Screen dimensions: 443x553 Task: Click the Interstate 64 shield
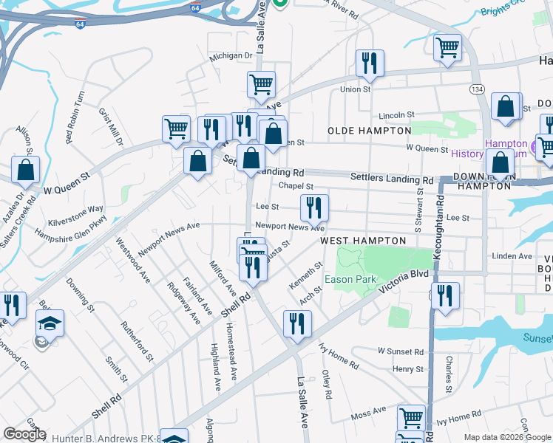point(80,24)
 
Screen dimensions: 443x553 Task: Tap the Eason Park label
point(350,279)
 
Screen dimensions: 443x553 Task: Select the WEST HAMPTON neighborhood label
point(363,241)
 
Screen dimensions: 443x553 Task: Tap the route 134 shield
point(478,89)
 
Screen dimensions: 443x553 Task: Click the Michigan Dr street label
point(231,55)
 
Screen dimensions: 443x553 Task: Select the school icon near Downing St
point(50,323)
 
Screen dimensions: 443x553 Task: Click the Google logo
point(25,434)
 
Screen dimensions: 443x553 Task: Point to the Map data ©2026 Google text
point(506,437)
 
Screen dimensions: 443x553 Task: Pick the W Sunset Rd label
point(400,350)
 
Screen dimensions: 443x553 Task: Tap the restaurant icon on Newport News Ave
point(314,209)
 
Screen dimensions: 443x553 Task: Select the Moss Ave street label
point(369,411)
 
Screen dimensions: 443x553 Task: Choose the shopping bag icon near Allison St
point(25,169)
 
